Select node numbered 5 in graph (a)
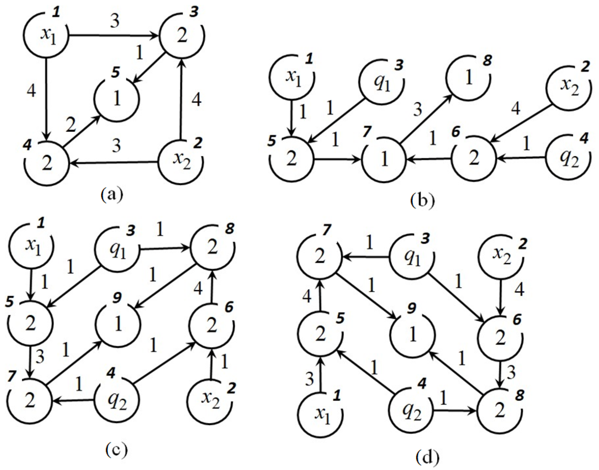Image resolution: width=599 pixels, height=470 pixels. point(117,98)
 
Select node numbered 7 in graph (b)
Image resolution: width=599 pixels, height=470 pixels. point(384,159)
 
